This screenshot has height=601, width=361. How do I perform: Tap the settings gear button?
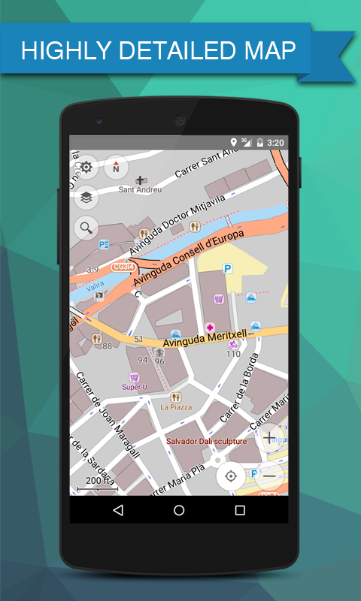86,167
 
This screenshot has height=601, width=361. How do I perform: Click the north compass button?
116,167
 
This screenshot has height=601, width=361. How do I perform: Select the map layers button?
86,197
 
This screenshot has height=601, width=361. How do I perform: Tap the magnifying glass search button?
86,227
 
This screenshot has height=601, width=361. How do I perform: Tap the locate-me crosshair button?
231,475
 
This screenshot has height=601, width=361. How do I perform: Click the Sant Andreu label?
140,189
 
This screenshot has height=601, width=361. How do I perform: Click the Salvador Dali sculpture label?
206,442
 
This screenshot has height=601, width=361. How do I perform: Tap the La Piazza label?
176,407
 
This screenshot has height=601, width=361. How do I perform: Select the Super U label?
135,387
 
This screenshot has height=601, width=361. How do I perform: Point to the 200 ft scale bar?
97,485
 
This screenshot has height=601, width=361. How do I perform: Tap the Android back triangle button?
118,510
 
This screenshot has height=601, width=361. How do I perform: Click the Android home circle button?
179,510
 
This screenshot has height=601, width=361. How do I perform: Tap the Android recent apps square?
240,510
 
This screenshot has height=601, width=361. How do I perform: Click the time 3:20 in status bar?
275,142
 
